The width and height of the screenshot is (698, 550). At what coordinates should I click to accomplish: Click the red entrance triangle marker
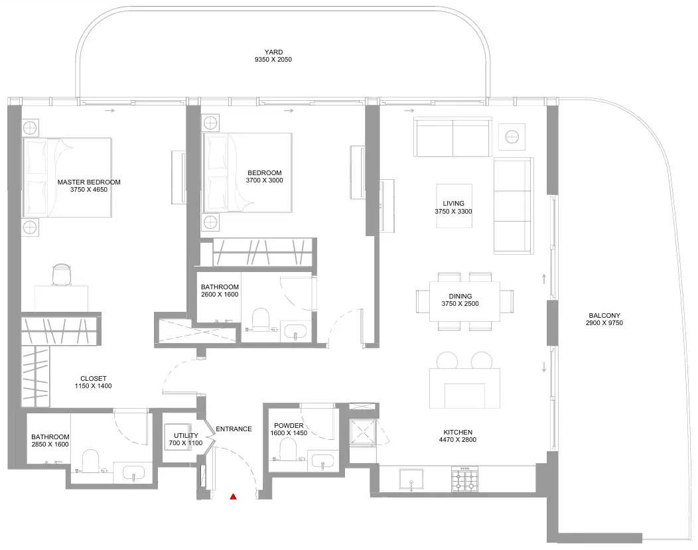click(x=233, y=497)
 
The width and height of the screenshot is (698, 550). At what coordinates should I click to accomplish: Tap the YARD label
click(x=273, y=52)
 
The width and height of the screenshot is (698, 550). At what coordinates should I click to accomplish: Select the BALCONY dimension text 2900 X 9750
click(x=604, y=322)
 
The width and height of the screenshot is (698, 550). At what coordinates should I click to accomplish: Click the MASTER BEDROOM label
click(x=89, y=182)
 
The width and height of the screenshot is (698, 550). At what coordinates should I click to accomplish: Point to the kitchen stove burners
click(x=464, y=479)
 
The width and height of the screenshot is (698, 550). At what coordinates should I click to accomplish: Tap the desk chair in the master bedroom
click(x=62, y=274)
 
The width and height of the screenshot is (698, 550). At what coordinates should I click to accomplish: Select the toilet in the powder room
click(x=288, y=449)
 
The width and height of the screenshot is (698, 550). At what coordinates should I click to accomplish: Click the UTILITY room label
click(x=186, y=436)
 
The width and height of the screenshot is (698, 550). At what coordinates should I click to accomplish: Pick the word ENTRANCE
click(x=234, y=429)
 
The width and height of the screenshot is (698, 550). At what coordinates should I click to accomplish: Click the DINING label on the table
click(x=460, y=296)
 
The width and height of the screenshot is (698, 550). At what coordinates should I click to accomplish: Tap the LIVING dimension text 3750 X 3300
click(x=453, y=212)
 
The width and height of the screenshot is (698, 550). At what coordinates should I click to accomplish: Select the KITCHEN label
click(x=458, y=432)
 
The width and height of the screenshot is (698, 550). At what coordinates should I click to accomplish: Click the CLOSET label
click(x=94, y=379)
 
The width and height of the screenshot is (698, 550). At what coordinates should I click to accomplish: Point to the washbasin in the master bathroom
click(x=134, y=472)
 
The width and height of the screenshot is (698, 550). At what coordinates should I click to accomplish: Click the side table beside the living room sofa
click(x=512, y=137)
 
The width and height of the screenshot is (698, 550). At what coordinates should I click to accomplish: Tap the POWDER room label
click(x=289, y=426)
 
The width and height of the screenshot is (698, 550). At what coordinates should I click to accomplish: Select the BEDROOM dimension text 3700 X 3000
click(x=265, y=180)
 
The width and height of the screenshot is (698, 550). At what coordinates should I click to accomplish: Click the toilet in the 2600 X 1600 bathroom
click(x=260, y=320)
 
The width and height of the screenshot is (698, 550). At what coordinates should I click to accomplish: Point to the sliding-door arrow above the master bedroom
click(x=110, y=110)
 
